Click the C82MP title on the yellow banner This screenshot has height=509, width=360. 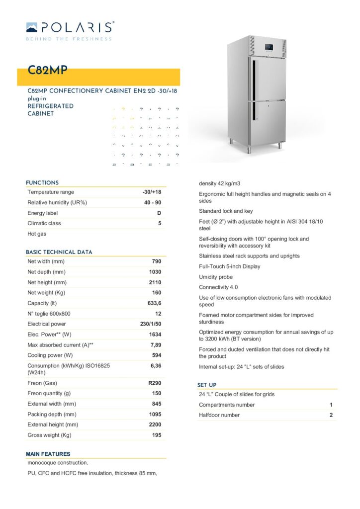point(47,71)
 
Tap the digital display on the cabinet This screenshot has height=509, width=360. point(270,48)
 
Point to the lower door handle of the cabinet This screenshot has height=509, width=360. point(255,111)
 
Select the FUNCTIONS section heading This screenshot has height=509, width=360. point(42,183)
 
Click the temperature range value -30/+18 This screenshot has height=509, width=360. point(152,192)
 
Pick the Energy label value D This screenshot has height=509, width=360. point(159,213)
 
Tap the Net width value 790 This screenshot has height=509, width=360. point(156,261)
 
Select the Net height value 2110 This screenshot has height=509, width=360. point(155,282)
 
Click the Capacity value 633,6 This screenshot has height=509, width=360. point(153,303)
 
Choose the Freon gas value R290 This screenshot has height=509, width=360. point(155,383)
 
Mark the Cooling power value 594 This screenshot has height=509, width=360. point(156,355)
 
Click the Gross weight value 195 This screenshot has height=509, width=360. point(156,435)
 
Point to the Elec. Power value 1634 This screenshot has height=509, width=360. point(155,335)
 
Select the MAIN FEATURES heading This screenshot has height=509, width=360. point(48,454)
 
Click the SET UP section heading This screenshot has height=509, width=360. point(207,385)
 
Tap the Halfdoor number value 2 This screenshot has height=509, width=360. point(331,415)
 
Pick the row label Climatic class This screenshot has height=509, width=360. point(44,223)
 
